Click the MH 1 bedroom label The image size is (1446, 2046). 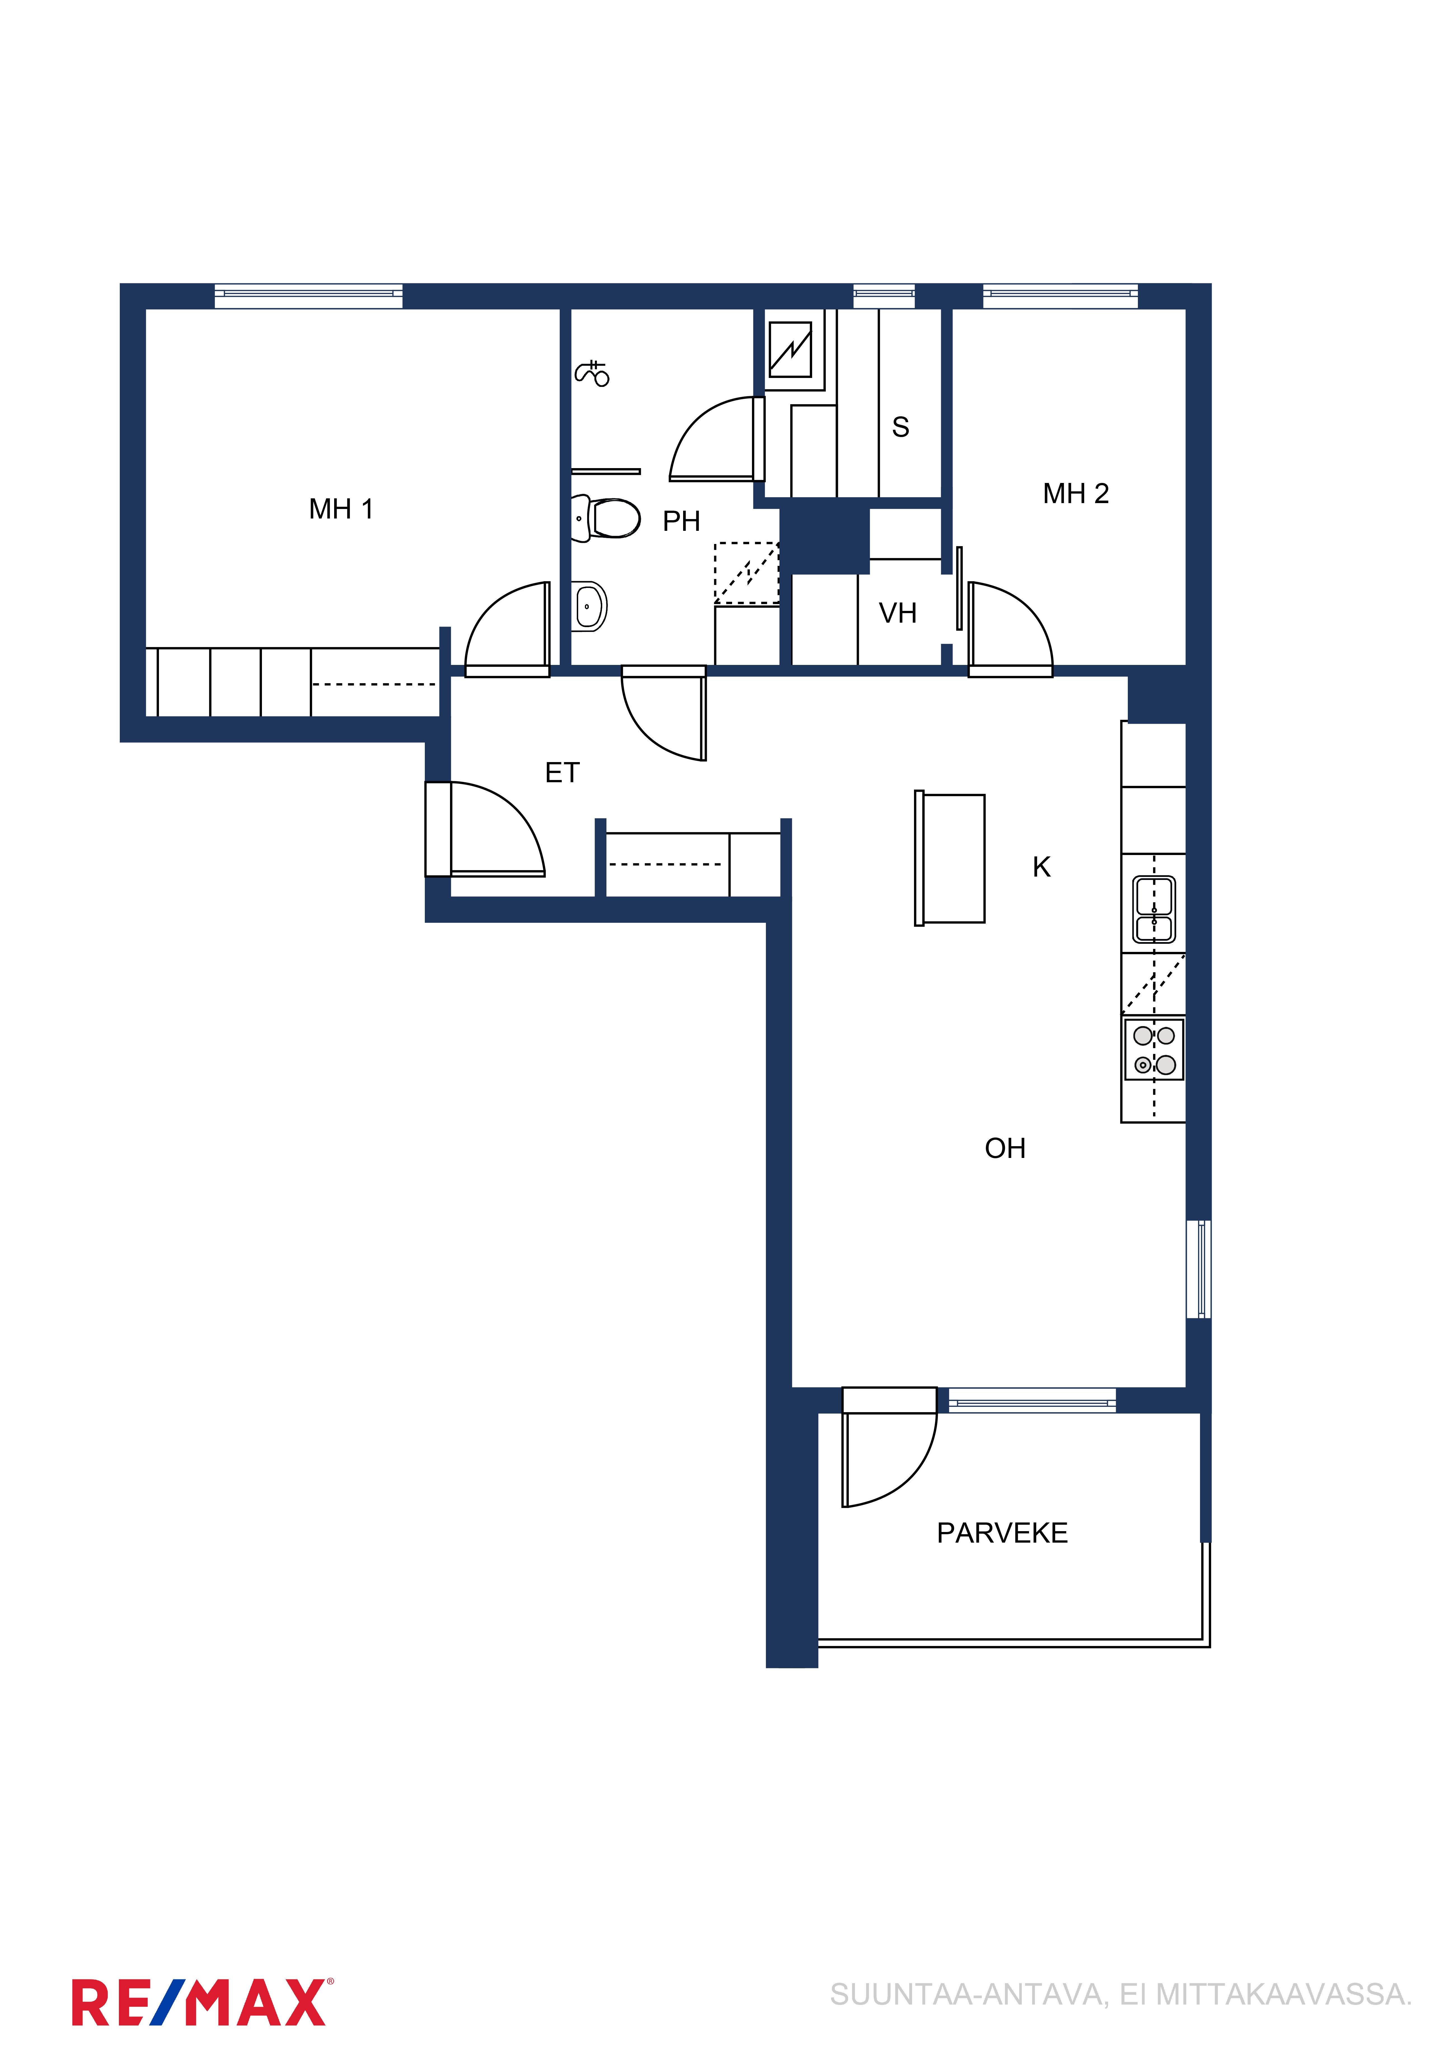341,509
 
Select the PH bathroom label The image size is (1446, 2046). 681,521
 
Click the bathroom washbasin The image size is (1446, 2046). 588,606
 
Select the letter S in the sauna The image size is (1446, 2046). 901,428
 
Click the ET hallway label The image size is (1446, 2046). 562,773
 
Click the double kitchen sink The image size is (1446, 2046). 1154,910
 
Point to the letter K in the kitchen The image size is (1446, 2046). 1042,867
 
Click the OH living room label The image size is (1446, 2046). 1005,1149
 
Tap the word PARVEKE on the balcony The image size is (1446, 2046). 1002,1533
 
